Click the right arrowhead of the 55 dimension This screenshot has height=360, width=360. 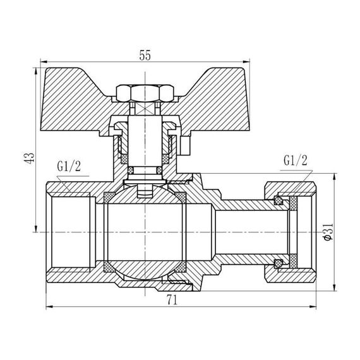pyautogui.click(x=248, y=64)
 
